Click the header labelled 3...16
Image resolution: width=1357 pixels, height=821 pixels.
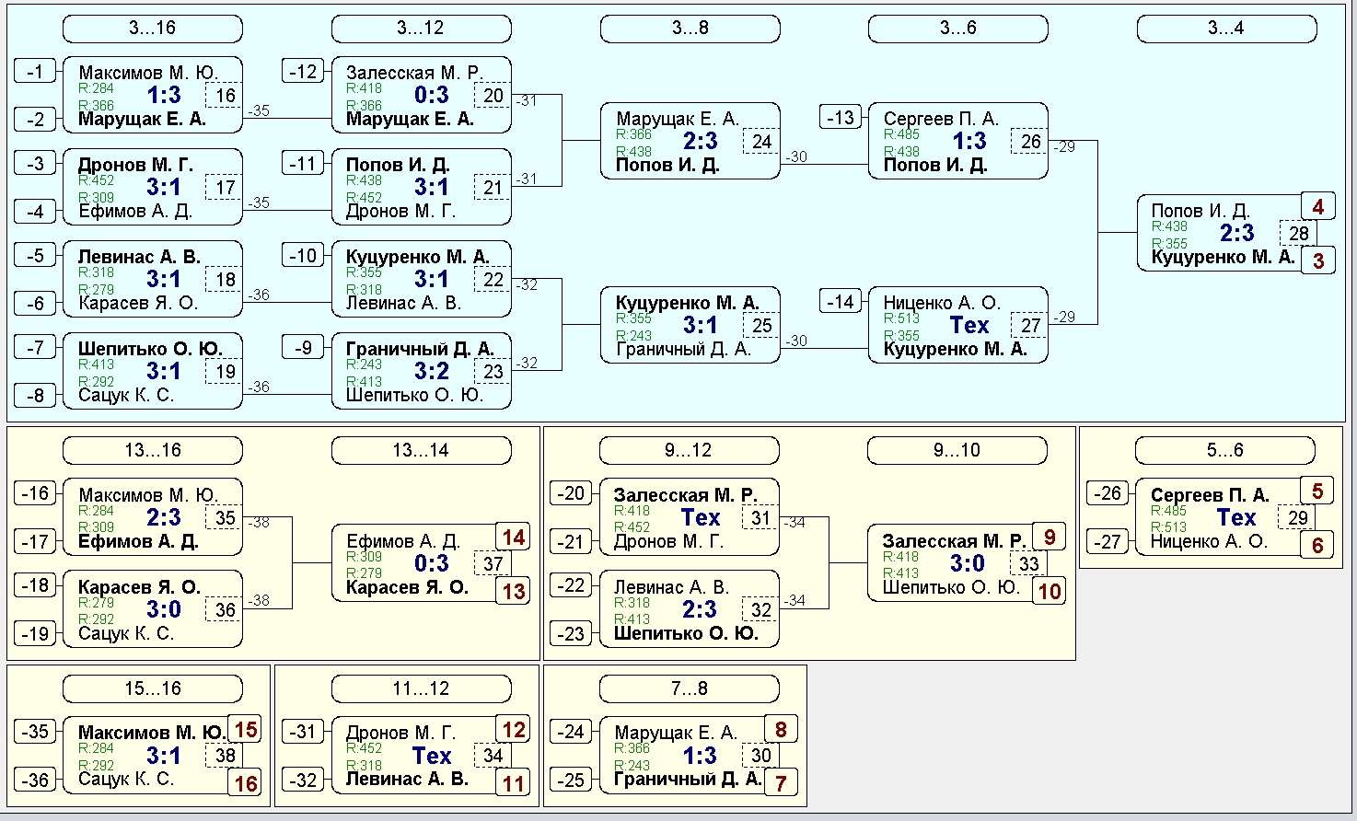pyautogui.click(x=153, y=29)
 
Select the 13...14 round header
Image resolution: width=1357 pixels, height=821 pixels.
pyautogui.click(x=421, y=450)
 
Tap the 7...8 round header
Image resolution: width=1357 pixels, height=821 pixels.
pyautogui.click(x=690, y=688)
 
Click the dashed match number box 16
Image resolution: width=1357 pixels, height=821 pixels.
pyautogui.click(x=225, y=95)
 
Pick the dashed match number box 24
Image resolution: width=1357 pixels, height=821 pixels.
pyautogui.click(x=761, y=141)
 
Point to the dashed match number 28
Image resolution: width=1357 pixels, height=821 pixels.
pyautogui.click(x=1298, y=233)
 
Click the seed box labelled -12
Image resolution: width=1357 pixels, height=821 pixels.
pyautogui.click(x=303, y=72)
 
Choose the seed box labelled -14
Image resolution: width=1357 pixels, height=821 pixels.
pyautogui.click(x=841, y=301)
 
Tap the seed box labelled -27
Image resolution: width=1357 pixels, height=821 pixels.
pyautogui.click(x=1108, y=541)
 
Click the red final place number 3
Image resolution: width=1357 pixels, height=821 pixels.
pyautogui.click(x=1318, y=261)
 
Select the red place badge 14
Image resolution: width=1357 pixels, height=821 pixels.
pyautogui.click(x=513, y=538)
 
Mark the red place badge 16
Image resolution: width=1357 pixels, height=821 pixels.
pyautogui.click(x=246, y=783)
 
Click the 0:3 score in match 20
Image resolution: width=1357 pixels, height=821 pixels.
pyautogui.click(x=432, y=95)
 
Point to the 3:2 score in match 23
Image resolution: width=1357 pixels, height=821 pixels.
pyautogui.click(x=432, y=371)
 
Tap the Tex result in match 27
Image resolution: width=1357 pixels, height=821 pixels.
pyautogui.click(x=968, y=325)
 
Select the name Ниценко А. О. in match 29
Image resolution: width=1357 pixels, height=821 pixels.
pyautogui.click(x=1209, y=541)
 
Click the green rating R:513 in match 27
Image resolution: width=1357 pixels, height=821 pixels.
pyautogui.click(x=901, y=318)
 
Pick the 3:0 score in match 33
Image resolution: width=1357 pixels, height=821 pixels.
pyautogui.click(x=968, y=563)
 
